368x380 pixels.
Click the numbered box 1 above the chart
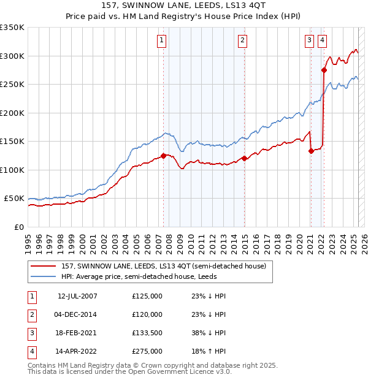click(161, 41)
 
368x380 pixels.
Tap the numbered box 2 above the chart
click(243, 41)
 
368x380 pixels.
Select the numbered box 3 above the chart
click(309, 41)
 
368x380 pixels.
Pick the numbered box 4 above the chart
click(322, 41)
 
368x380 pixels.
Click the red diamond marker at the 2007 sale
click(163, 156)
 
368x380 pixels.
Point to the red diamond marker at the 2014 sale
click(245, 158)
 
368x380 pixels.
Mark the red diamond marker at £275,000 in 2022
click(324, 70)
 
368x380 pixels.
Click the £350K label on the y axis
click(12, 28)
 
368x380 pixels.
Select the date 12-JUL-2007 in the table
click(77, 296)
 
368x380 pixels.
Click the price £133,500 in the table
click(147, 334)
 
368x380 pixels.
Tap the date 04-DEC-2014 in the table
click(77, 315)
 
